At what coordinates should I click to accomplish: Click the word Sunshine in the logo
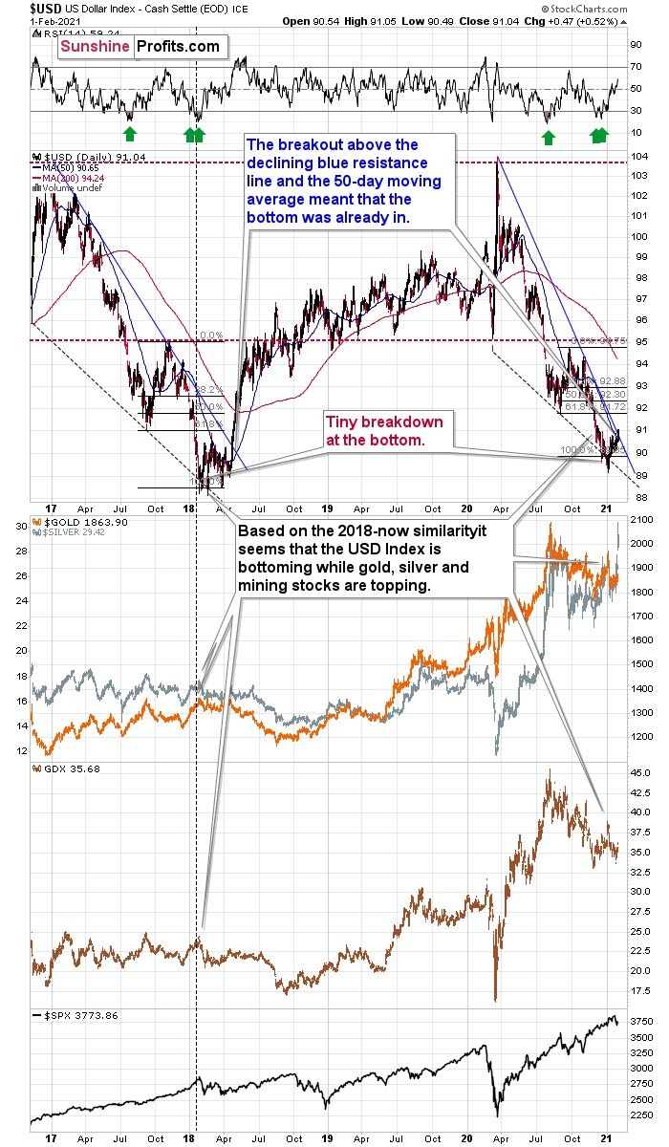(x=96, y=46)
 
